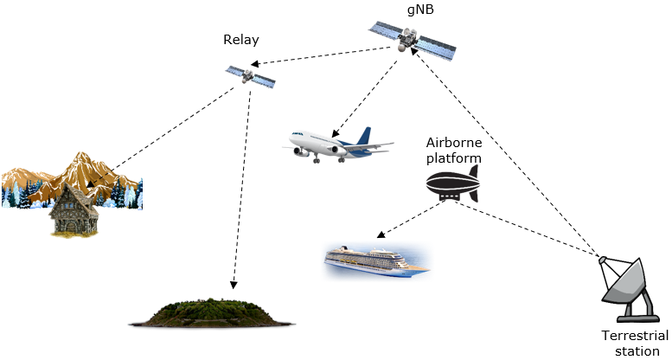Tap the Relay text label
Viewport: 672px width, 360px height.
coord(240,40)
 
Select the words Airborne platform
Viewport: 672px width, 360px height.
coord(452,150)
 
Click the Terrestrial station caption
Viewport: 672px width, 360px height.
coord(636,342)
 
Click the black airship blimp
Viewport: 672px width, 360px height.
coord(451,184)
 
